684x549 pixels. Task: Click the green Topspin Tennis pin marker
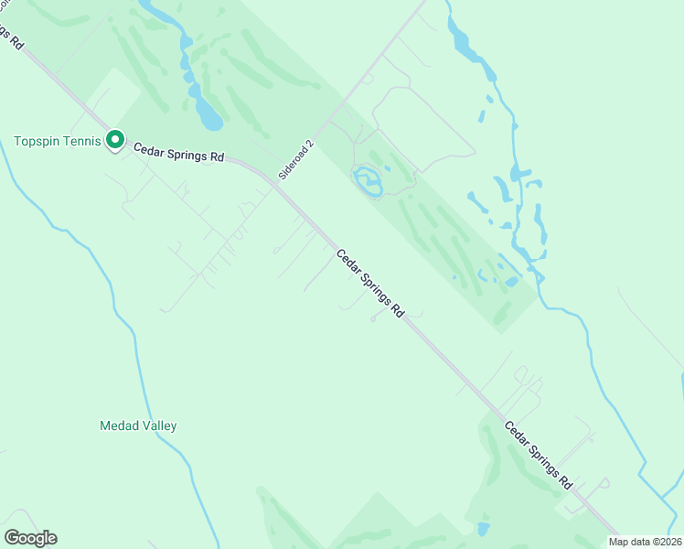point(115,140)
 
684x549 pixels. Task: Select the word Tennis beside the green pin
point(80,141)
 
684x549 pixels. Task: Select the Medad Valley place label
point(137,425)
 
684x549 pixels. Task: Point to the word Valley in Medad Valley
point(158,425)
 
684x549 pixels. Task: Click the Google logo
point(30,538)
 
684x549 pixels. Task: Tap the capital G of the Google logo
point(12,537)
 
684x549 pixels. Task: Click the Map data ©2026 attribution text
point(646,542)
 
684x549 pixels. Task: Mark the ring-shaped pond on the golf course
point(368,180)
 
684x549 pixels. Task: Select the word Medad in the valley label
point(117,425)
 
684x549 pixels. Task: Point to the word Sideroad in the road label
point(294,164)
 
